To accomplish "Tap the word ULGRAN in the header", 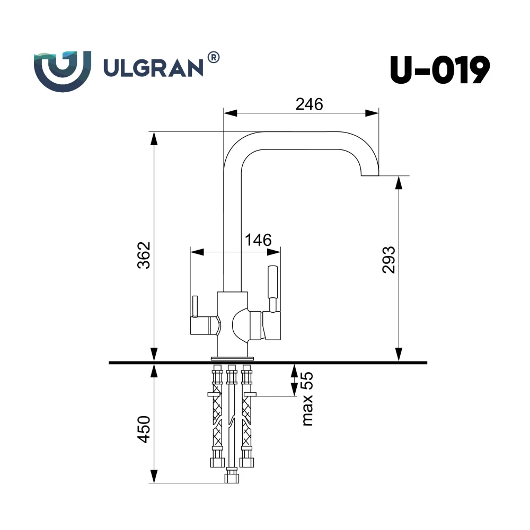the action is (x=153, y=68).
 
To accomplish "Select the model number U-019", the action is (x=440, y=70).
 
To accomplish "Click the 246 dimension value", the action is (x=309, y=104).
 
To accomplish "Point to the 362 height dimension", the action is (x=144, y=255).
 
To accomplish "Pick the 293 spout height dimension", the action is (x=388, y=260).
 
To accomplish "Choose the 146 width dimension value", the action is (x=258, y=240).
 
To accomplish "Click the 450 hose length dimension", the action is (x=144, y=429).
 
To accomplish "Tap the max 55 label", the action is (x=307, y=399).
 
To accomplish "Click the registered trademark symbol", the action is (x=213, y=57).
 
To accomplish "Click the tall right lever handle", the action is (x=272, y=287).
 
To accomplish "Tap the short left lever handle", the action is (x=195, y=306).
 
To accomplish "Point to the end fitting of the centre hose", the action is (x=232, y=478).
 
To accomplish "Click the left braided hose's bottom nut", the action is (x=217, y=462).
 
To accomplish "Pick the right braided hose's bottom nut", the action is (x=247, y=462).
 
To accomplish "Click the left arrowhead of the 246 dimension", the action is (x=231, y=113).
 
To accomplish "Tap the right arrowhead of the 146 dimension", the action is (x=274, y=252).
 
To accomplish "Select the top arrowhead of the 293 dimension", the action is (x=399, y=183).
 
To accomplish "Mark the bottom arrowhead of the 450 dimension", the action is (x=154, y=476).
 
